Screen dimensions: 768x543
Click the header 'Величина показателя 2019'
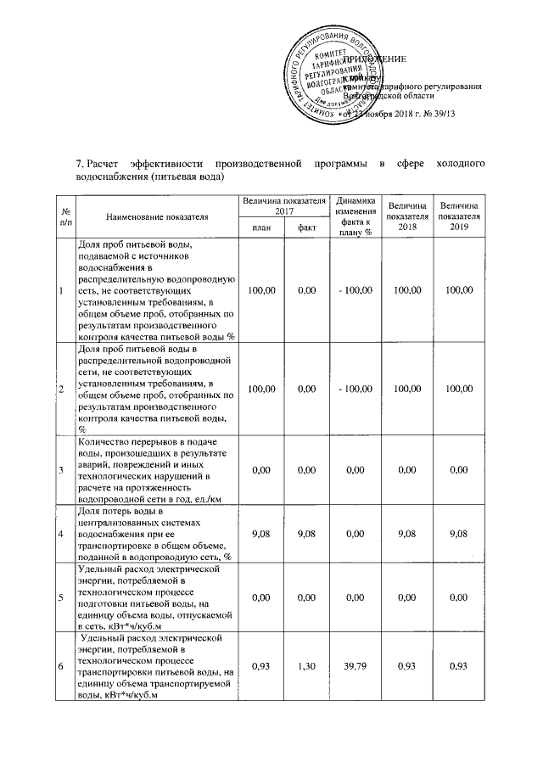click(x=459, y=216)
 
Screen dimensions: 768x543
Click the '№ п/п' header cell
click(x=65, y=216)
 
